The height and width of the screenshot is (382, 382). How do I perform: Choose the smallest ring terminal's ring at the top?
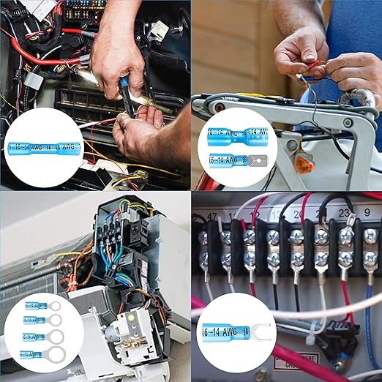point(54,305)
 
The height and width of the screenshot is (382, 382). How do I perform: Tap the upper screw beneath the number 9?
point(370,236)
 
